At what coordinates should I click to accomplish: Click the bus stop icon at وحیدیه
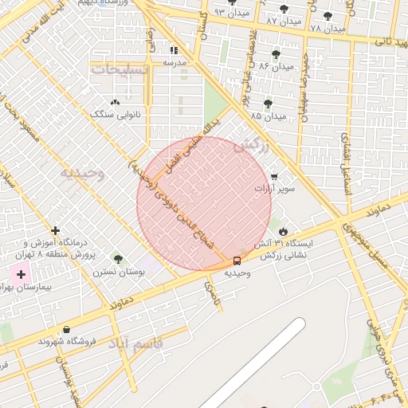237,261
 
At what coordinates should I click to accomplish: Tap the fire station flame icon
283,229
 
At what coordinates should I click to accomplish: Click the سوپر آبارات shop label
274,189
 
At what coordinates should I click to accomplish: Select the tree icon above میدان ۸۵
267,103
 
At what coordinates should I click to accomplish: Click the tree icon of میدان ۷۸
328,16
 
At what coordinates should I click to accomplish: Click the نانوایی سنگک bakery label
116,115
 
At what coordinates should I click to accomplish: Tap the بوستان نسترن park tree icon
119,259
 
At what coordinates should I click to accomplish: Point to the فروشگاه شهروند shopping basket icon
65,329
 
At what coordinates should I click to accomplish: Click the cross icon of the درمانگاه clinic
54,230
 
